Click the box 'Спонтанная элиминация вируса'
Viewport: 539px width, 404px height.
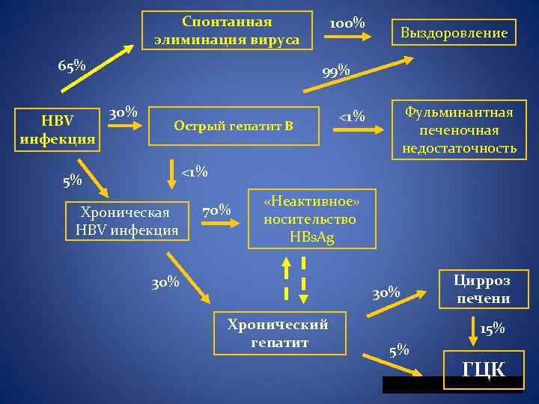coord(227,31)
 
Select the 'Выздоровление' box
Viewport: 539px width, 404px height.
coord(454,33)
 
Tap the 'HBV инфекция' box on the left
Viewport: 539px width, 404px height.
coord(58,129)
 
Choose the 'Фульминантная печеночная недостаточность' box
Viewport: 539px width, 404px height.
coord(459,130)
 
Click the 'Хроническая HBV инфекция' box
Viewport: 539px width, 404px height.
coord(127,221)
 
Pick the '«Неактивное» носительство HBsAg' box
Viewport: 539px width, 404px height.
coord(311,218)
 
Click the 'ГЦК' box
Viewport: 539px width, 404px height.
coord(483,370)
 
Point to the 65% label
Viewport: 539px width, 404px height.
coord(72,66)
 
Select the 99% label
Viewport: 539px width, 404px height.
coord(336,72)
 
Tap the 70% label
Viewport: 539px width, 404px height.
coord(216,211)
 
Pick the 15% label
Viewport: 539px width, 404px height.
coord(493,328)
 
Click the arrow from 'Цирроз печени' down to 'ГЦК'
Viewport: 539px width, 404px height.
coord(474,328)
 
